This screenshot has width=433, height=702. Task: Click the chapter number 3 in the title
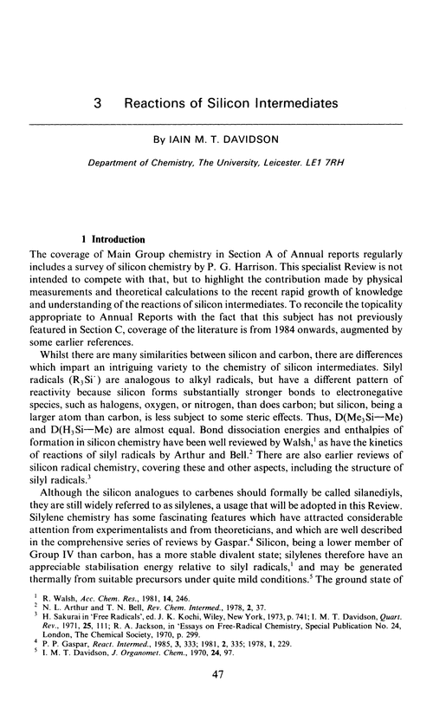[x=100, y=102]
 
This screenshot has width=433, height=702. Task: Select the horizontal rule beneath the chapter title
[x=216, y=127]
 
